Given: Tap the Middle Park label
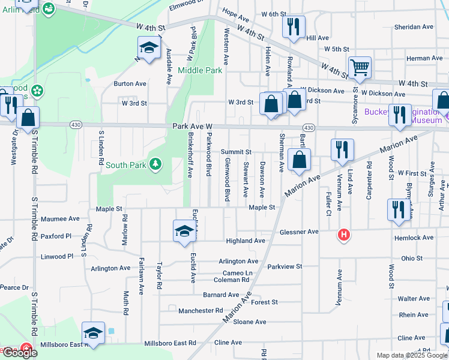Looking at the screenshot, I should pos(200,70).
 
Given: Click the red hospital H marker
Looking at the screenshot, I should pos(343,233).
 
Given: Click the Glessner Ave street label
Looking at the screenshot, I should pos(298,232).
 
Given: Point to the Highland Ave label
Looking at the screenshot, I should pos(245,241).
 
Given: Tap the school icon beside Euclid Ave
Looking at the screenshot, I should pos(184,232).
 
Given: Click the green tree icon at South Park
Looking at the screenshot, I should pos(155,164).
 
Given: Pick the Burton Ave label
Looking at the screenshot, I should pos(130,84).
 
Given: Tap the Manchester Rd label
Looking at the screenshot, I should pos(200,311).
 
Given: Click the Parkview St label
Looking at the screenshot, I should pos(285,266).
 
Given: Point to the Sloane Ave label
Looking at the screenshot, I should pos(250,322).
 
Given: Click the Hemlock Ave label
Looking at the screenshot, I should pos(414,238).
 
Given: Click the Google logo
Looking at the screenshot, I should pos(19,353).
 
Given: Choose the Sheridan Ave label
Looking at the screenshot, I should pos(414,27).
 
